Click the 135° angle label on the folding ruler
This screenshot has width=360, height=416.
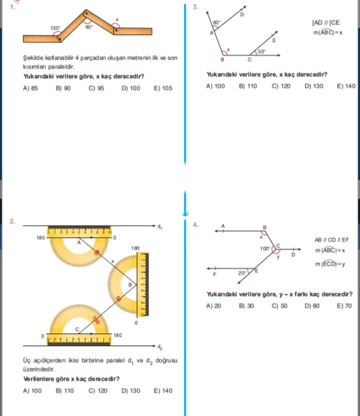(55, 28)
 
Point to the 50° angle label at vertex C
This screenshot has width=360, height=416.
(261, 51)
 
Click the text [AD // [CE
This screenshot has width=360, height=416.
(325, 23)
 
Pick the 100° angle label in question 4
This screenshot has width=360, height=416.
(264, 248)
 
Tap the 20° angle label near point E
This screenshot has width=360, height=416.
(241, 273)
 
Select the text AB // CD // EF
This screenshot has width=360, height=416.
(332, 239)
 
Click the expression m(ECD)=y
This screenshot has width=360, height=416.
(329, 264)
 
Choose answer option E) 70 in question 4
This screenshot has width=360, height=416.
(345, 305)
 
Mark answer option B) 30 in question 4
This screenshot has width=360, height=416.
(246, 305)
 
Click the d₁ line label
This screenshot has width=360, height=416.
(160, 227)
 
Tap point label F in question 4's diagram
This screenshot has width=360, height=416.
(215, 274)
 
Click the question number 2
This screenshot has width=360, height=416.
(12, 220)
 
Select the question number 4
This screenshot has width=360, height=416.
(196, 224)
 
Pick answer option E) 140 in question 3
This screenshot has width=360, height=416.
(346, 86)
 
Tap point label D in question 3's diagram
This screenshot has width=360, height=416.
(242, 15)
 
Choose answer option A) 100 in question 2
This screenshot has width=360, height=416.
(32, 390)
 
